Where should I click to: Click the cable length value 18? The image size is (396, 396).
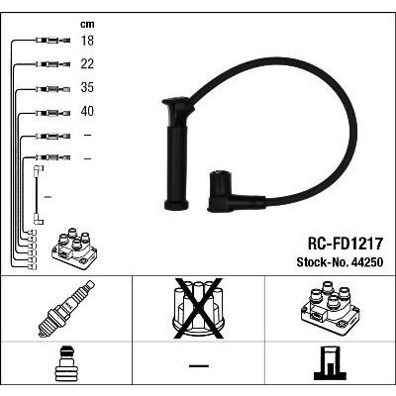coord(87,41)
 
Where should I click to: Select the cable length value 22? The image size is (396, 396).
coord(87,64)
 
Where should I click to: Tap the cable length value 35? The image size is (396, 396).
coord(87,88)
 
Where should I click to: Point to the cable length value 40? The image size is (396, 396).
coord(87,111)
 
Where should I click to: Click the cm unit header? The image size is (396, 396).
coord(87,24)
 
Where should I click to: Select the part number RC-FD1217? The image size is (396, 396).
coord(346,244)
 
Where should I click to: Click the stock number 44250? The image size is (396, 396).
coord(367,262)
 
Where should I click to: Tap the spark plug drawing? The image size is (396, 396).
coord(66,309)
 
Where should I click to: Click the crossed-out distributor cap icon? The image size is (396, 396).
coord(198,309)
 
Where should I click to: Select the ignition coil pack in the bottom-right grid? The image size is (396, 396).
coord(330,309)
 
